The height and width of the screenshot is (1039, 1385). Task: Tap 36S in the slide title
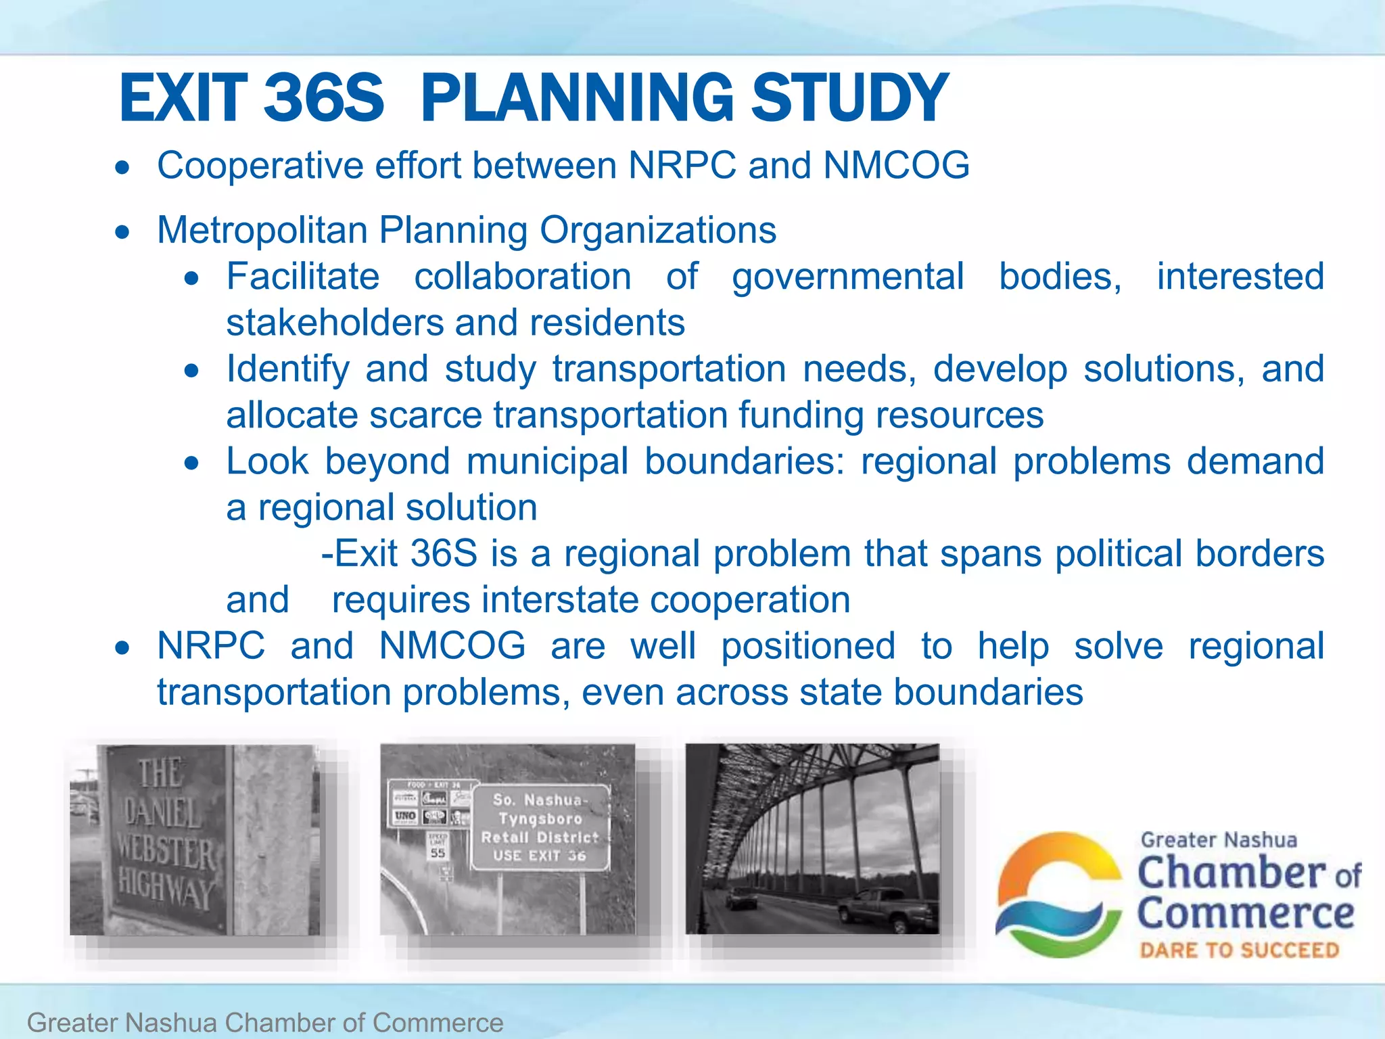click(323, 98)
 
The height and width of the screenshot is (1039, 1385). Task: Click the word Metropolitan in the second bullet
click(262, 230)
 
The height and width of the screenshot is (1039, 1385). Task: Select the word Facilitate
click(302, 277)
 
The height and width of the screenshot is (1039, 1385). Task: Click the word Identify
click(287, 369)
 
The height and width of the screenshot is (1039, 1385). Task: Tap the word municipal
click(547, 461)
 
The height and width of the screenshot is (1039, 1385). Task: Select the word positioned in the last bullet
click(807, 646)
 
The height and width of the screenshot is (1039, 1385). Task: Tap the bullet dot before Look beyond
click(192, 463)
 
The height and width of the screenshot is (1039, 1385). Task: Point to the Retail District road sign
click(540, 828)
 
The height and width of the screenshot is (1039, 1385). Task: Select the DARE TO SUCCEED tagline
click(1239, 950)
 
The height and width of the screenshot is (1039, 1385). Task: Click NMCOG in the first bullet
click(896, 166)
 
